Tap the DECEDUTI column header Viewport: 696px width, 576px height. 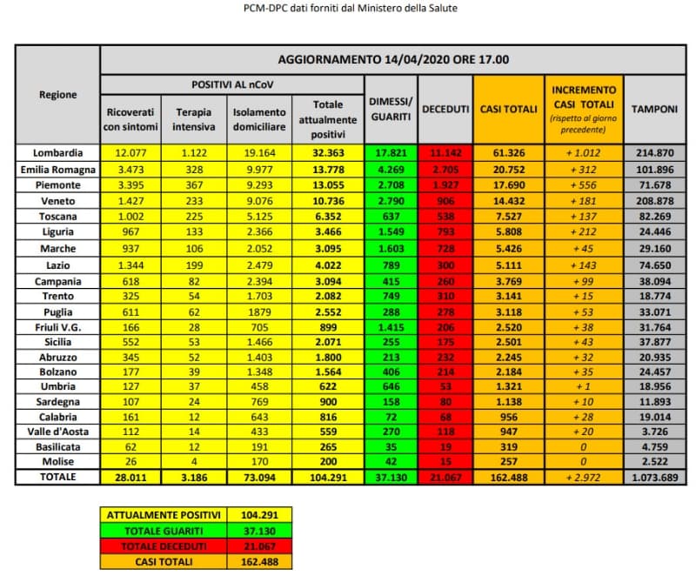(x=445, y=109)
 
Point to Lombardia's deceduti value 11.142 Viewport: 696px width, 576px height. (x=445, y=152)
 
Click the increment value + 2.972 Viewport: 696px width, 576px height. (x=582, y=477)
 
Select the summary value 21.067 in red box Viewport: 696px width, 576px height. (x=258, y=545)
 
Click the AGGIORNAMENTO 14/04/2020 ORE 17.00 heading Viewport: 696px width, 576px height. (x=393, y=60)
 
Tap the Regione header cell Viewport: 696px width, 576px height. (x=58, y=95)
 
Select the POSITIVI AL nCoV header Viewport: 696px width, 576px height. (x=232, y=84)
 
